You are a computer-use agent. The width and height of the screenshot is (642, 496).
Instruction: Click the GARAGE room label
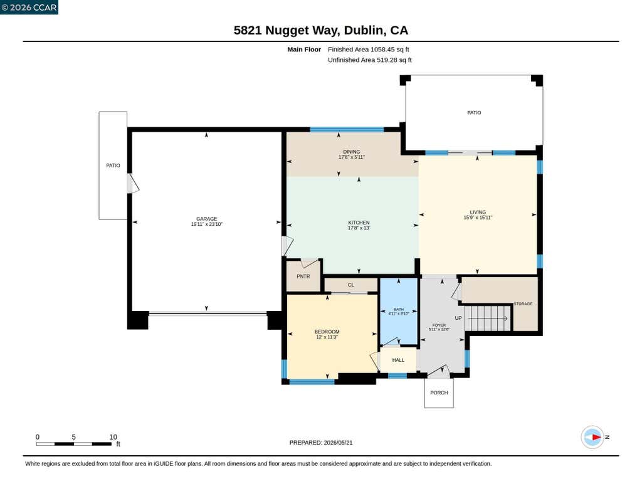206,219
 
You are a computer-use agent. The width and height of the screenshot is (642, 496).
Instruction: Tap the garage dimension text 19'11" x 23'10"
206,224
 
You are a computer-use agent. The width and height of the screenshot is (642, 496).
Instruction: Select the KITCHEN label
359,223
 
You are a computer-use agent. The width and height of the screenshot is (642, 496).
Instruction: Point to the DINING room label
351,152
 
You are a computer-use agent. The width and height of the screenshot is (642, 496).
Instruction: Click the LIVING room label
478,212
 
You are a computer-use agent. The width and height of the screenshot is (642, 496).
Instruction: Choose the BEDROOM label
327,332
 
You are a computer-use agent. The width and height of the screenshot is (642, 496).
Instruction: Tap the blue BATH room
399,312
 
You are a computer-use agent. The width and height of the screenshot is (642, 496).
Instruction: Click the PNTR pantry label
303,277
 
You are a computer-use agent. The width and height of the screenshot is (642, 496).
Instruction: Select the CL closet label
351,285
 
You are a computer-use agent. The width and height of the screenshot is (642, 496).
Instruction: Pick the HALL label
398,360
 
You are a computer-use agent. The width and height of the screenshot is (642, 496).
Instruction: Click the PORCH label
439,393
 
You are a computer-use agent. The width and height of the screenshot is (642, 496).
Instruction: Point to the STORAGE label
523,304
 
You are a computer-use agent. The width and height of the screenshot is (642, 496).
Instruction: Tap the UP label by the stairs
458,319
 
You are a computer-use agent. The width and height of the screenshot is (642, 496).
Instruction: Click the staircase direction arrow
487,319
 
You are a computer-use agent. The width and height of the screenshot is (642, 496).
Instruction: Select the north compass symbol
592,438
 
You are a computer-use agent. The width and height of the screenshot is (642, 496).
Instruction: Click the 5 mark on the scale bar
74,437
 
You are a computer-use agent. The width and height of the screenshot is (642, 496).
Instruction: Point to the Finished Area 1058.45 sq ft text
369,50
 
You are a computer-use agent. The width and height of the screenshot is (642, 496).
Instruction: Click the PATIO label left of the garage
113,166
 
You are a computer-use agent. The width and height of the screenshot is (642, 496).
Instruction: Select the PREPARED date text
321,443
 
